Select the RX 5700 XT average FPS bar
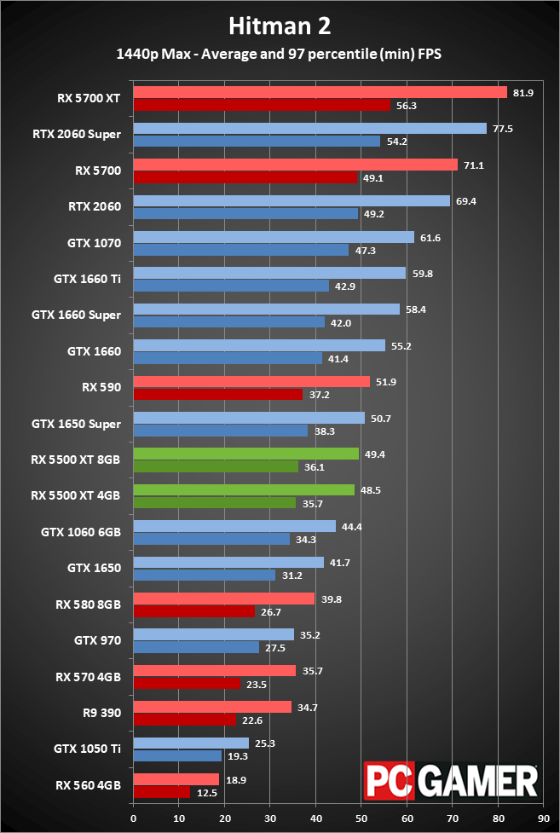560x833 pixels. [x=320, y=92]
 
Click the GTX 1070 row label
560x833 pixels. [x=94, y=243]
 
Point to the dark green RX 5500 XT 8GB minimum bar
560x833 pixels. [x=216, y=466]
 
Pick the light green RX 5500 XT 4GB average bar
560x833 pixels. [x=244, y=490]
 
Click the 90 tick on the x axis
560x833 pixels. [x=543, y=818]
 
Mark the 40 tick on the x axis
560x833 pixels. [x=315, y=818]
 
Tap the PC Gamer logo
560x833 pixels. [x=451, y=780]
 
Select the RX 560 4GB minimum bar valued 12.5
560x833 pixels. [x=162, y=792]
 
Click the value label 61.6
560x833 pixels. [x=429, y=238]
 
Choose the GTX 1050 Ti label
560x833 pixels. [x=87, y=749]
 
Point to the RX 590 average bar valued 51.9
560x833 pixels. [x=251, y=382]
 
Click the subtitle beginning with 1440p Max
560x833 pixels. [x=280, y=54]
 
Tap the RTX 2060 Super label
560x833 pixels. [x=77, y=134]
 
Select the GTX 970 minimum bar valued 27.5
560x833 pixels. [x=196, y=647]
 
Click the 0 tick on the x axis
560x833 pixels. [x=134, y=818]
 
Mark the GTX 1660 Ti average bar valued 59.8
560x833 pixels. [x=269, y=273]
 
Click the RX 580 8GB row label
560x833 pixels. [x=89, y=605]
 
